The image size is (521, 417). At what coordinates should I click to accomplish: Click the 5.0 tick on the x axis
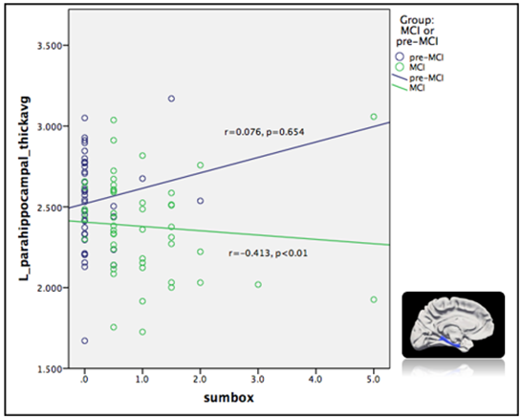coord(373,379)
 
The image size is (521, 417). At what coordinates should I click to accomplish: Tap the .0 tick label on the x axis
coord(84,379)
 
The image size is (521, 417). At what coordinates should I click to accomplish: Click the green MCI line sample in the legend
coord(401,89)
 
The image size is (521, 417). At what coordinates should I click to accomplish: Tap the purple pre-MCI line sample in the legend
coord(401,78)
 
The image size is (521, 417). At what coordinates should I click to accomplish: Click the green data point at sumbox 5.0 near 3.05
coord(374,117)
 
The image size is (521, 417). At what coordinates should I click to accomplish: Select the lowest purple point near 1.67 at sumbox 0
coord(85,340)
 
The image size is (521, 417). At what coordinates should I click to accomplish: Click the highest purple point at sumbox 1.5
coord(171,99)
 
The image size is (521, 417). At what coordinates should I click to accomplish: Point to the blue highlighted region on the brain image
coord(458,342)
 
